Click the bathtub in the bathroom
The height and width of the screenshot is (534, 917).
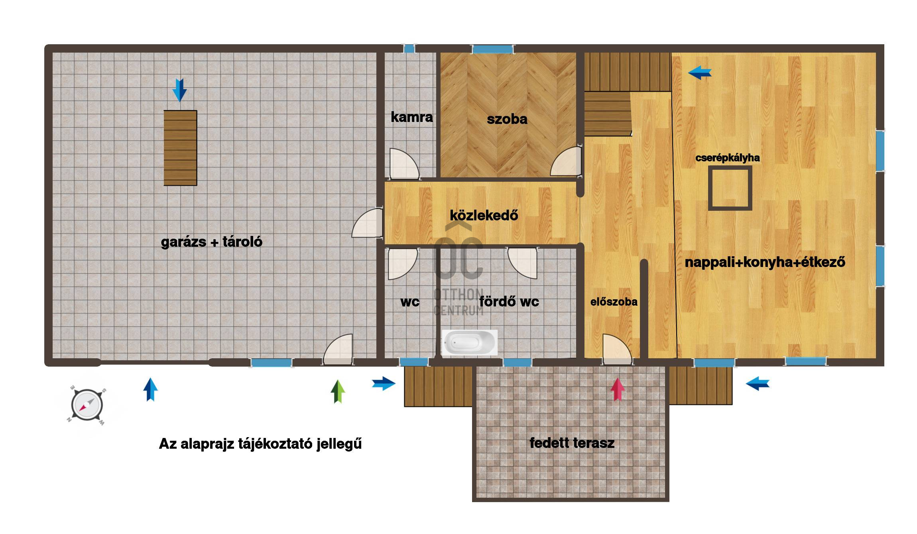[x=469, y=342]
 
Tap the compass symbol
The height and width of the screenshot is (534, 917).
[x=87, y=405]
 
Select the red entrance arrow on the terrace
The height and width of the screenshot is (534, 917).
[x=617, y=389]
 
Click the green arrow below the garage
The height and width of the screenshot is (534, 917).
[x=338, y=391]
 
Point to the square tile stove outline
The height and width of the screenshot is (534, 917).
[x=730, y=188]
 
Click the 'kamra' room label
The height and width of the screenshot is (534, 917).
[x=411, y=117]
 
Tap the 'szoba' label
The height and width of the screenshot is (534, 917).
[x=507, y=119]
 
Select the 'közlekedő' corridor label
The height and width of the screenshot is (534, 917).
[x=484, y=215]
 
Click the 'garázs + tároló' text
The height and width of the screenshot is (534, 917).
[x=211, y=242]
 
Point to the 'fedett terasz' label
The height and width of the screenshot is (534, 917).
[x=572, y=443]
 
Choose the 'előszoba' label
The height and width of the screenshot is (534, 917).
[x=614, y=302]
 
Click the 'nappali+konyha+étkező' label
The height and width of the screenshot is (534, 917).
[x=765, y=262]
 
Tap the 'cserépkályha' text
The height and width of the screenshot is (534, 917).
[x=727, y=158]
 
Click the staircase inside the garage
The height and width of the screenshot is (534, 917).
[x=180, y=148]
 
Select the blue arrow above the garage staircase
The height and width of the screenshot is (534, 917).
[x=179, y=90]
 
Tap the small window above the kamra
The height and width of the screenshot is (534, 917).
[x=409, y=49]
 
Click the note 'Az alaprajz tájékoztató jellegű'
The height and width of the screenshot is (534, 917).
[x=260, y=444]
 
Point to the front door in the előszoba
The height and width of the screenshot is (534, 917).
[x=617, y=349]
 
